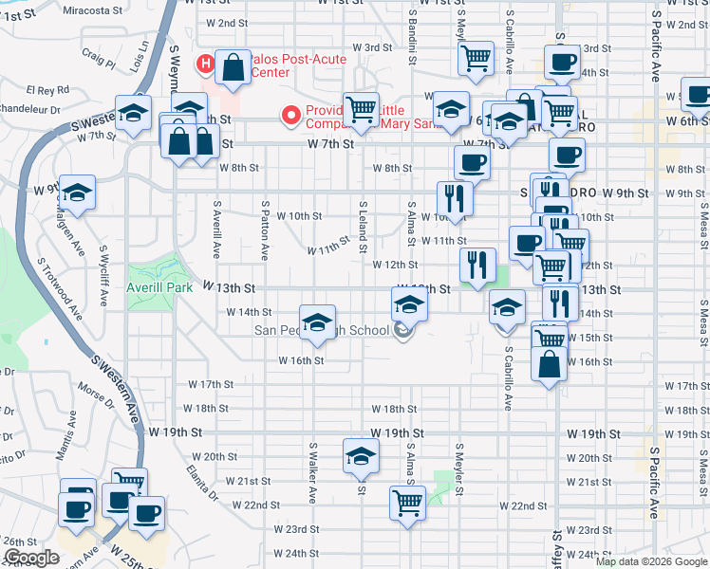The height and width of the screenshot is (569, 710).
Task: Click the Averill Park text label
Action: pos(154,286)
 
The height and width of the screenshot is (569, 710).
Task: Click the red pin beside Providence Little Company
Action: pos(292,116)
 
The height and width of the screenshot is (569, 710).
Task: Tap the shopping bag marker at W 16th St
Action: pos(550,364)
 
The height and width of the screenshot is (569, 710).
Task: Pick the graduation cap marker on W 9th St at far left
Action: pos(77,193)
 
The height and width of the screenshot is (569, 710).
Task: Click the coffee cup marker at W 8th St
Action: pos(473,162)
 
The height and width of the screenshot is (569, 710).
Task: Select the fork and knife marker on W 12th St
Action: pos(477,265)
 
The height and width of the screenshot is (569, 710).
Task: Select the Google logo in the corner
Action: pos(31,558)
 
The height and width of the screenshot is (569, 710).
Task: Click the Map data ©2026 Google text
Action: pos(650,561)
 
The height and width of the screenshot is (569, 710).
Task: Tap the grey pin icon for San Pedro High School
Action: pos(403,330)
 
